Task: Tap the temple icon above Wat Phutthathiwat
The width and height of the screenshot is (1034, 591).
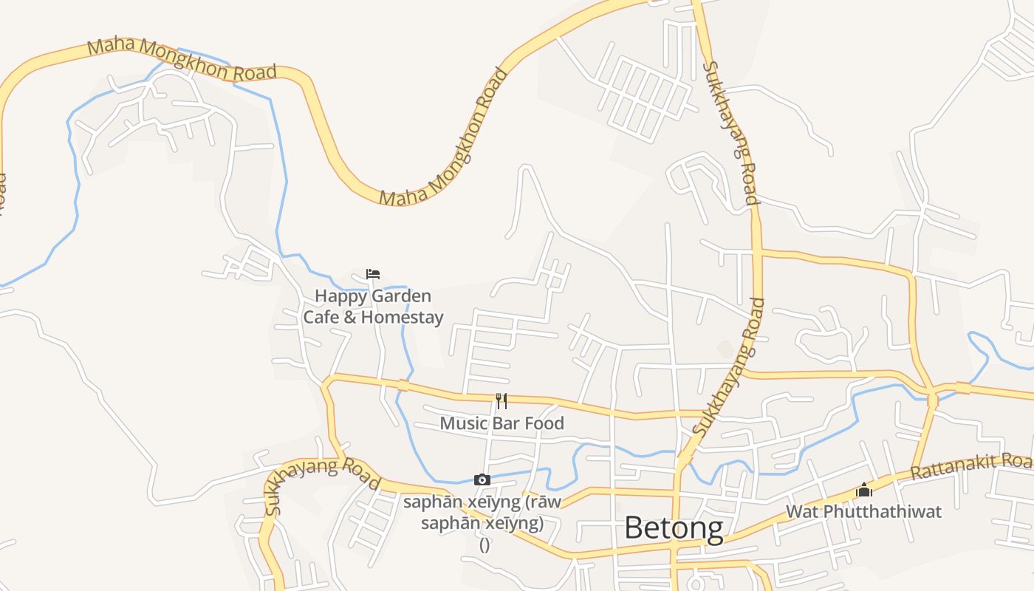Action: [x=863, y=490]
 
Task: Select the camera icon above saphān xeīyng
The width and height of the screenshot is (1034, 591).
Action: [x=482, y=480]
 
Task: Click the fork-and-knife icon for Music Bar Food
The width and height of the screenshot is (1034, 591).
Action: [x=501, y=401]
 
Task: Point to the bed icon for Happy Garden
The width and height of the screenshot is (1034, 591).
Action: [x=373, y=274]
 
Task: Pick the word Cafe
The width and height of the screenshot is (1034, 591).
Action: [x=319, y=318]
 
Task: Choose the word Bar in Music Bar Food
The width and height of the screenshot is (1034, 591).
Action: [x=507, y=423]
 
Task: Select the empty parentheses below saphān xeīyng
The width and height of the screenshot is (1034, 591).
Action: [x=485, y=545]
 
